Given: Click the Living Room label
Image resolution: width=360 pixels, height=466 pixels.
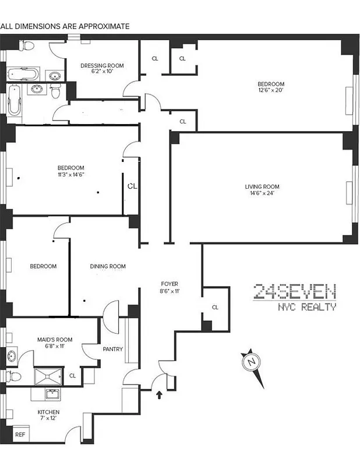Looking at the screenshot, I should coord(258,186).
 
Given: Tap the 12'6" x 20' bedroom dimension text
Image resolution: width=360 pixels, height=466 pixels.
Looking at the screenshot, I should coord(271,91).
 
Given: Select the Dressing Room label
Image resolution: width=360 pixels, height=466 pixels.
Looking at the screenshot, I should coord(102,65).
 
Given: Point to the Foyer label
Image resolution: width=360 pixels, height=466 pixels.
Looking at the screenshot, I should coord(169,284).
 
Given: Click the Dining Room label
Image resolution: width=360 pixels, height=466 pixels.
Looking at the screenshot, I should coord(108,267).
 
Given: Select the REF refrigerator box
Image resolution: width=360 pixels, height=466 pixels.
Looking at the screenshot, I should coord(20,435).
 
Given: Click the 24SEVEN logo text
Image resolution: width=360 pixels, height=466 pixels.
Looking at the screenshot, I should coord(294,291).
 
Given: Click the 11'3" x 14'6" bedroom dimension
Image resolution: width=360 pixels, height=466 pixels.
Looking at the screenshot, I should coord(71,175).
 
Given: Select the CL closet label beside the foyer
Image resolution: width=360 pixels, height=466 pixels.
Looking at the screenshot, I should coord(215,307).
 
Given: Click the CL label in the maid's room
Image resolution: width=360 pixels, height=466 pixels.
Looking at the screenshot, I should coord(72,376).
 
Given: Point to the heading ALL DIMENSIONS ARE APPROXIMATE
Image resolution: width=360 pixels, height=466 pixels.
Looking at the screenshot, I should coord(65,26).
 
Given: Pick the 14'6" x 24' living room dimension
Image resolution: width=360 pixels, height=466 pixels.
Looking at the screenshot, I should coord(259,193).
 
